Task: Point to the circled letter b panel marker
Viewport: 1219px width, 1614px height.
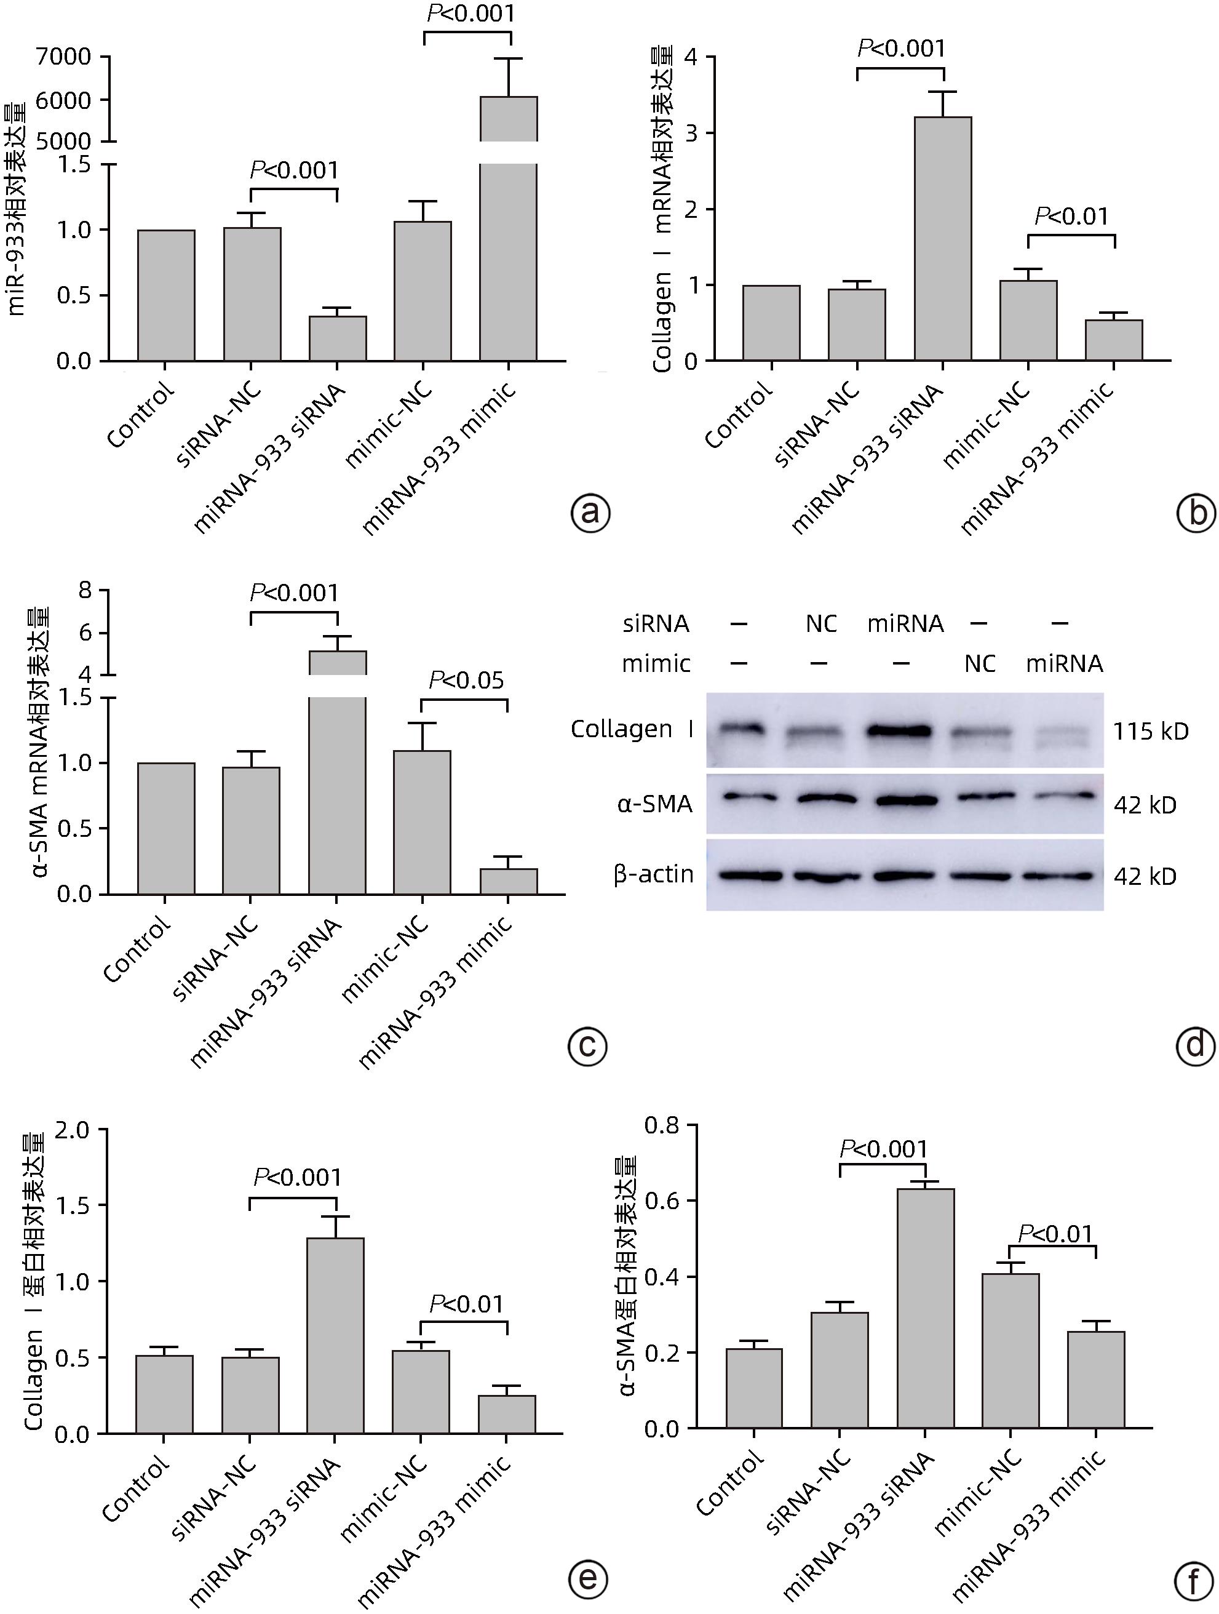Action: pos(1196,513)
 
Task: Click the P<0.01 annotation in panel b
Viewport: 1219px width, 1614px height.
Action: pos(1071,217)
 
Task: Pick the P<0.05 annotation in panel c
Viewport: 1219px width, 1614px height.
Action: pos(466,681)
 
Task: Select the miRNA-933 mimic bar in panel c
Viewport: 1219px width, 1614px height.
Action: pos(509,881)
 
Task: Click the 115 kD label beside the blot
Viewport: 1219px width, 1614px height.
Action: pos(1151,731)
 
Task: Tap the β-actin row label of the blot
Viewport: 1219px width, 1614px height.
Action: pos(654,874)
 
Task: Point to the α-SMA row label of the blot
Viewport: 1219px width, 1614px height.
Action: pos(654,804)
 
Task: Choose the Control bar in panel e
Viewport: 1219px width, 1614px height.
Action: pos(164,1394)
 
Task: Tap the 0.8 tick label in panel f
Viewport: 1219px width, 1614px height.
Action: pos(662,1126)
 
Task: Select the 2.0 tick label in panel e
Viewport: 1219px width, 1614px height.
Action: pos(71,1130)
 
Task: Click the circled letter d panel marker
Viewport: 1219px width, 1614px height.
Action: pos(1196,1046)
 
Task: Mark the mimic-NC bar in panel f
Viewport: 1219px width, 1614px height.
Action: pos(1011,1350)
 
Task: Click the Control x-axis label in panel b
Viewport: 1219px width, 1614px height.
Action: pos(738,415)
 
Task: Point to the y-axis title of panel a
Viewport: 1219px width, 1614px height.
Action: pos(16,210)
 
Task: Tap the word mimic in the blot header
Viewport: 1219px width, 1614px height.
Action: pos(656,664)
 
